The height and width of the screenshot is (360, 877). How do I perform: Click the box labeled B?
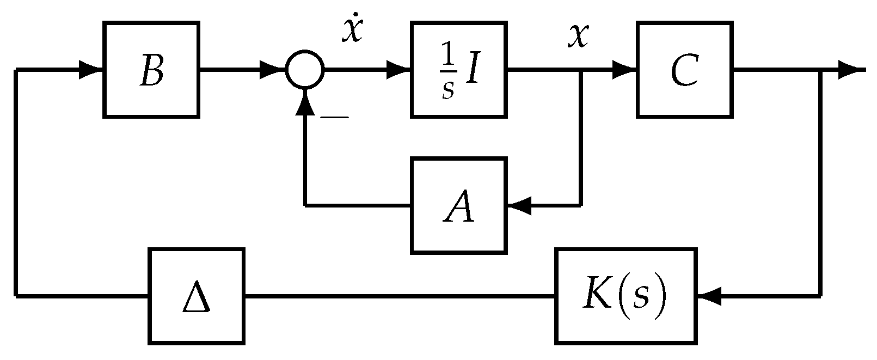[151, 70]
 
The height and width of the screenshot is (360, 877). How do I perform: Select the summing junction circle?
[305, 70]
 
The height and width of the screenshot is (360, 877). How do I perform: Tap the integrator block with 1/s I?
[459, 70]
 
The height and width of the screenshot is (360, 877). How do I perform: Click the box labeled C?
[684, 70]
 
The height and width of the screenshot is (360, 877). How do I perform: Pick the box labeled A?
[459, 205]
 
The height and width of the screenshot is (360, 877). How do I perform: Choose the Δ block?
[196, 296]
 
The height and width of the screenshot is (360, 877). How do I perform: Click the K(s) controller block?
[626, 296]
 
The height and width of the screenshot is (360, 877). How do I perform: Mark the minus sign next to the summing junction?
[334, 116]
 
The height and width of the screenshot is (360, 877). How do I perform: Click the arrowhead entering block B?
[91, 70]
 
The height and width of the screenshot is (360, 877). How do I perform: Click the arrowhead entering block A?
[520, 205]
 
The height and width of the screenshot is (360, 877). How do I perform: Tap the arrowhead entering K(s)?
[709, 296]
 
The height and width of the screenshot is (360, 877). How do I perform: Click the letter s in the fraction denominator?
[447, 89]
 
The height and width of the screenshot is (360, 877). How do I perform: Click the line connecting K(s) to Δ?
[400, 296]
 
